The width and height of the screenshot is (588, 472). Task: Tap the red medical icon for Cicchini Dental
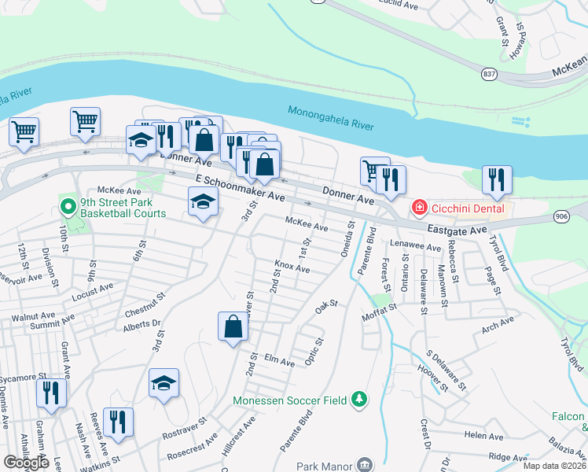[420, 208]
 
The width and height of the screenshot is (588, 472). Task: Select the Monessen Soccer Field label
[290, 400]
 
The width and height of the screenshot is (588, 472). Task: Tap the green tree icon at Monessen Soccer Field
[359, 400]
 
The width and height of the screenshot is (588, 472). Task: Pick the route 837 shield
[489, 73]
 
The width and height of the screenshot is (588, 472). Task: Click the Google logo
[27, 463]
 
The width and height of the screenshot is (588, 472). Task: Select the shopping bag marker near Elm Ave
[233, 326]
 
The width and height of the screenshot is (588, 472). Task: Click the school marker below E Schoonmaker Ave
[203, 204]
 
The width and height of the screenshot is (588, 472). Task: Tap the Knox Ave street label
[292, 267]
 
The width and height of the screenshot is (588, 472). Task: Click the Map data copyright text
[555, 466]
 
